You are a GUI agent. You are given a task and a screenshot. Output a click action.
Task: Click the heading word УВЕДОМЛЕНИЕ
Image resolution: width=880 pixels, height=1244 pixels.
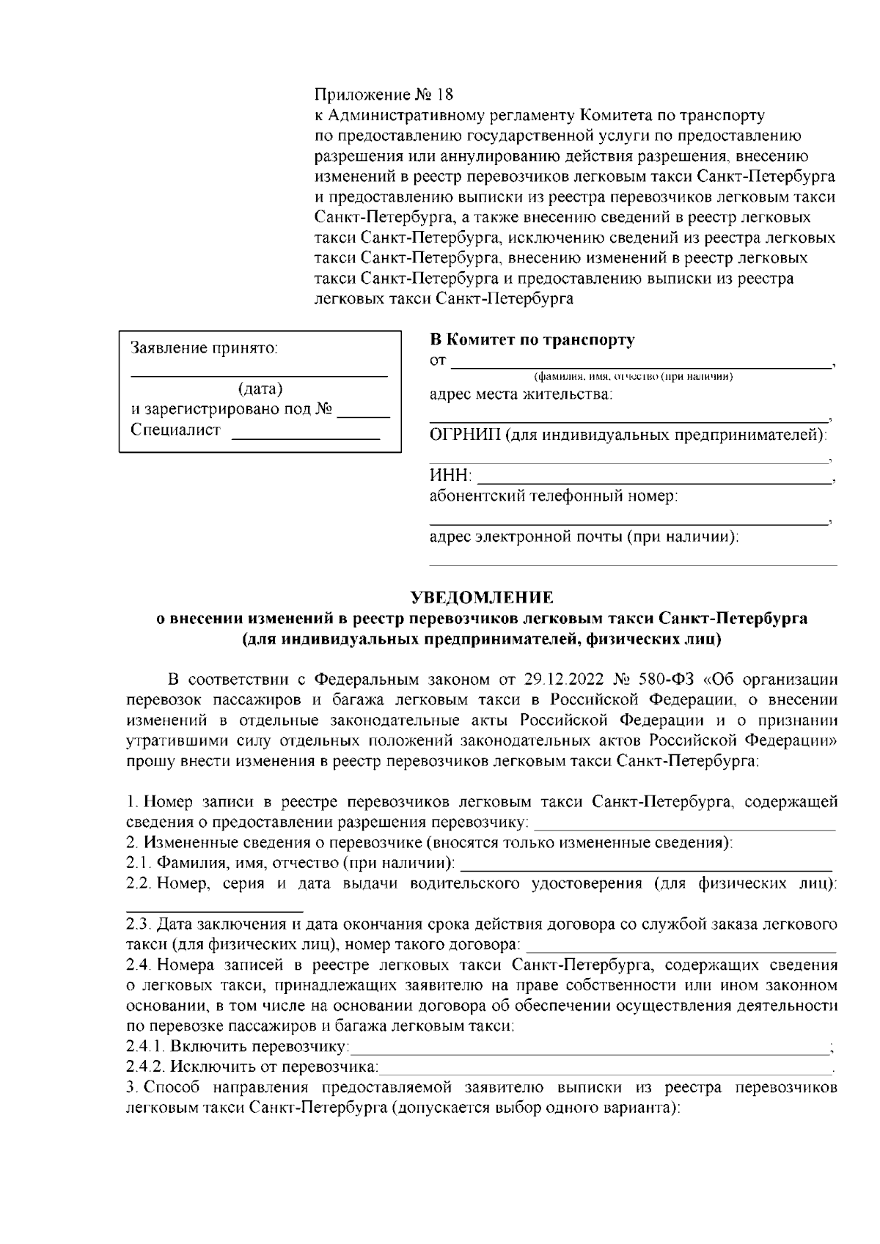tap(481, 597)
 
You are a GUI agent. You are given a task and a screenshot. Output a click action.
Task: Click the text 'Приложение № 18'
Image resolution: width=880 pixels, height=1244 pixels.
tap(384, 95)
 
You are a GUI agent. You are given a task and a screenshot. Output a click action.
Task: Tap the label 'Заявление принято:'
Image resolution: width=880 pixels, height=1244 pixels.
tap(204, 348)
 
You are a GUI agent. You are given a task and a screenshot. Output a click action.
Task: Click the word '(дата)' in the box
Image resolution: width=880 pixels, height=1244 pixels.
tap(260, 389)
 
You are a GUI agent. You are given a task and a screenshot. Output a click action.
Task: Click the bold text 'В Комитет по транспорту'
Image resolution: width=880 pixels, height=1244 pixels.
tap(532, 340)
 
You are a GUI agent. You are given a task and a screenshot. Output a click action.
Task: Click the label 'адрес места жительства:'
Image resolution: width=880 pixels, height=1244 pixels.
tap(521, 395)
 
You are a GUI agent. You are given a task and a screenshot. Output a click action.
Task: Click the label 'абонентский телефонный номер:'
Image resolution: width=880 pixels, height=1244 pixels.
tap(553, 496)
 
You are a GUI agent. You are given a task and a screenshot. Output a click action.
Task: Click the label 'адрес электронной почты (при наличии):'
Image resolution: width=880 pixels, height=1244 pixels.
tap(584, 537)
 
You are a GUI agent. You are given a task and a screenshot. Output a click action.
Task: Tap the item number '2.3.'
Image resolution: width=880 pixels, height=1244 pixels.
tap(138, 923)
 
